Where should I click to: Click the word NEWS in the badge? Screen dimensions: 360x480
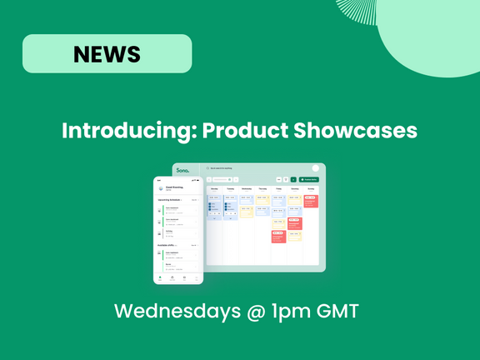click(107, 54)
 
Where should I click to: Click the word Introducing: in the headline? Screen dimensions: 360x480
click(128, 132)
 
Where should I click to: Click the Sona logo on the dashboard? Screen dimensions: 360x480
click(182, 170)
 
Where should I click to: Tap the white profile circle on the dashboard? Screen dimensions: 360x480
click(316, 168)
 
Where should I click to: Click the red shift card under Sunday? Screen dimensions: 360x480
click(311, 202)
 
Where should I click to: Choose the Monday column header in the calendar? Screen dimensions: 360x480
click(214, 189)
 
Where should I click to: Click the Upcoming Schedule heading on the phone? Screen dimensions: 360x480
click(170, 200)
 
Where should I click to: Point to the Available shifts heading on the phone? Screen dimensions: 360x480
click(169, 246)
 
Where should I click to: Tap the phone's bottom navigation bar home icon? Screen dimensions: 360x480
click(160, 277)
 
